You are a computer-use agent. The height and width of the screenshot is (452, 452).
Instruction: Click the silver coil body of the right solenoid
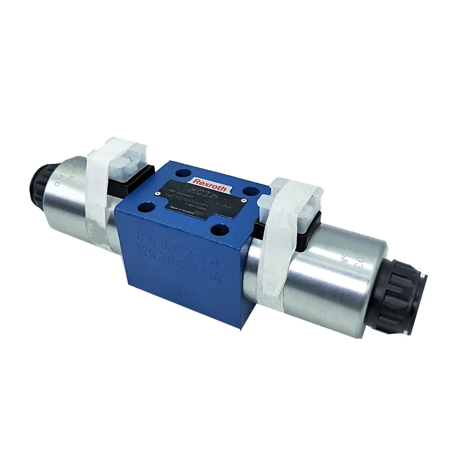point(339,271)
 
